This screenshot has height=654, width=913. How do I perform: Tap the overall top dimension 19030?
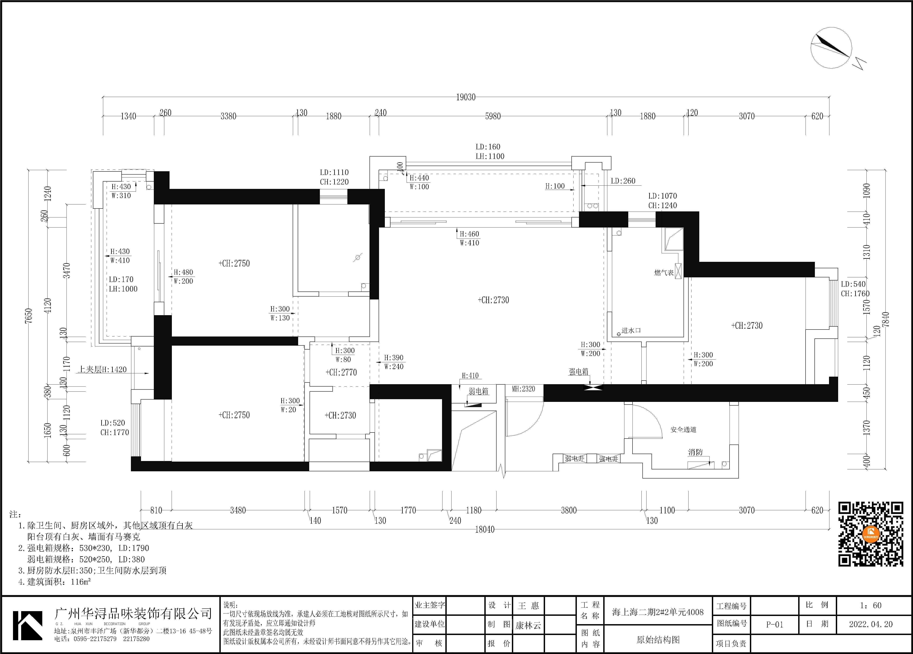click(x=466, y=97)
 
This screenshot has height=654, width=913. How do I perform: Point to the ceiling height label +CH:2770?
click(x=341, y=372)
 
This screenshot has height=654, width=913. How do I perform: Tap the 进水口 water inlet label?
click(x=631, y=330)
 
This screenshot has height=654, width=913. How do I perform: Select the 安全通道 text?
click(x=684, y=429)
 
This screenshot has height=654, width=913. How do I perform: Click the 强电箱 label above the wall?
click(x=578, y=372)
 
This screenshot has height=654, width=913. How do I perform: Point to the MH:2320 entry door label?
click(x=523, y=389)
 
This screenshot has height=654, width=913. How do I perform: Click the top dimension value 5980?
click(x=493, y=116)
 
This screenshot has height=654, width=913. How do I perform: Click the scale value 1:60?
click(x=871, y=605)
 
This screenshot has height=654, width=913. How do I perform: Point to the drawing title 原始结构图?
click(x=658, y=639)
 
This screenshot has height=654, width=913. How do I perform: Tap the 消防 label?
click(x=695, y=452)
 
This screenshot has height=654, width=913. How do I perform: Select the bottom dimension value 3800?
click(x=569, y=510)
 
